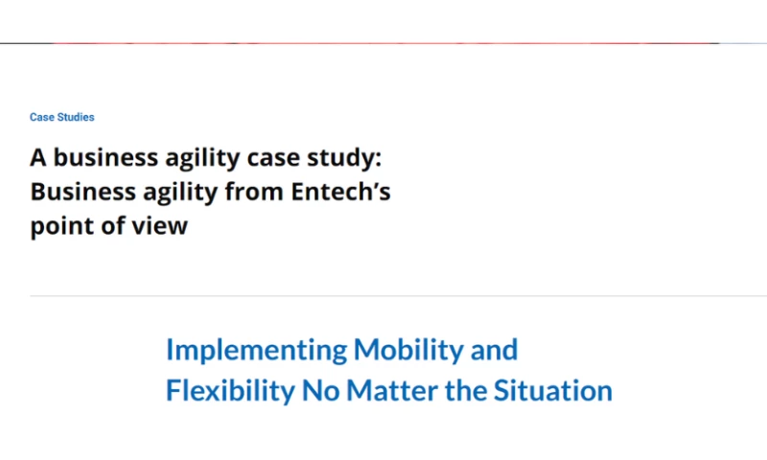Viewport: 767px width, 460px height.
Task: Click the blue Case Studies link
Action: click(x=61, y=117)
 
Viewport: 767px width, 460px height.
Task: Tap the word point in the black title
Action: click(x=58, y=228)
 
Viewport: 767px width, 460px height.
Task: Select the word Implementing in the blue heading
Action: click(x=256, y=351)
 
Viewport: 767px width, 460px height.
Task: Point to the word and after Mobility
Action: click(x=493, y=350)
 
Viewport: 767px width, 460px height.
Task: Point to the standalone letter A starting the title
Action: click(x=37, y=156)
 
